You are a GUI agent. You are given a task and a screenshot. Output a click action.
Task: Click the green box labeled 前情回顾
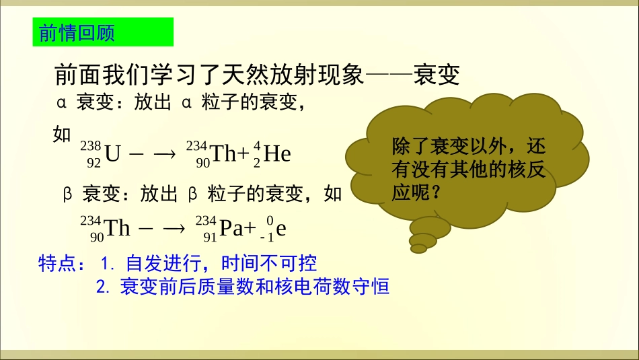103,32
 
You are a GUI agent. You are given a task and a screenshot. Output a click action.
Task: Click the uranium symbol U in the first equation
112,155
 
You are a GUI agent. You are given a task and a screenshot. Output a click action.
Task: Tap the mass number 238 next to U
90,146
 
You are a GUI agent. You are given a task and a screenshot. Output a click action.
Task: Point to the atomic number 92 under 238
93,163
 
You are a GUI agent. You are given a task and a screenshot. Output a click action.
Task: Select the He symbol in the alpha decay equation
277,155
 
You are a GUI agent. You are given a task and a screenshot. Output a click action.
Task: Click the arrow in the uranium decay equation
164,155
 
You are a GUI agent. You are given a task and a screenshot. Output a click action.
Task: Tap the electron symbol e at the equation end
281,229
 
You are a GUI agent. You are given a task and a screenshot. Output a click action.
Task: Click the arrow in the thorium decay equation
174,229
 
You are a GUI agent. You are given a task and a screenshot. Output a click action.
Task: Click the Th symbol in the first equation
223,155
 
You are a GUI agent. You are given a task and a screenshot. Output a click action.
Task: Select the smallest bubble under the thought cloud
418,249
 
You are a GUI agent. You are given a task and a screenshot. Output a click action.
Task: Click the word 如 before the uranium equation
62,134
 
